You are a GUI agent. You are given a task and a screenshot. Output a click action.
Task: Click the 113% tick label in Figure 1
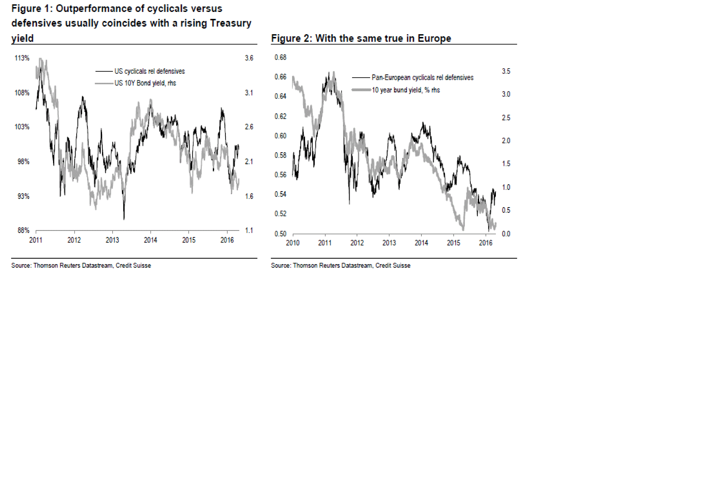click(22, 58)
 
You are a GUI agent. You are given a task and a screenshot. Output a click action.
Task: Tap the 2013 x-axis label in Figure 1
click(112, 240)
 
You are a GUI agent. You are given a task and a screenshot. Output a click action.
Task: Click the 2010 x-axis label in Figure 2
click(292, 243)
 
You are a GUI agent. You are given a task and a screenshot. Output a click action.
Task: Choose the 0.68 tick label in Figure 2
click(280, 57)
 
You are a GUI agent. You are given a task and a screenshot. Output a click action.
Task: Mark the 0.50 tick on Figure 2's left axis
click(280, 234)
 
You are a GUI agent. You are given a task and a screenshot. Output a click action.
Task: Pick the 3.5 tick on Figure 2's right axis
click(506, 71)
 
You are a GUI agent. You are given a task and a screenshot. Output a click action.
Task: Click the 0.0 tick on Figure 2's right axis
click(506, 234)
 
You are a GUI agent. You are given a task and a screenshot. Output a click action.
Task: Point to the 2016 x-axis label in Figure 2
click(485, 243)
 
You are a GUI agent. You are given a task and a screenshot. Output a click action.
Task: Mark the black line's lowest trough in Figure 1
click(124, 219)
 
